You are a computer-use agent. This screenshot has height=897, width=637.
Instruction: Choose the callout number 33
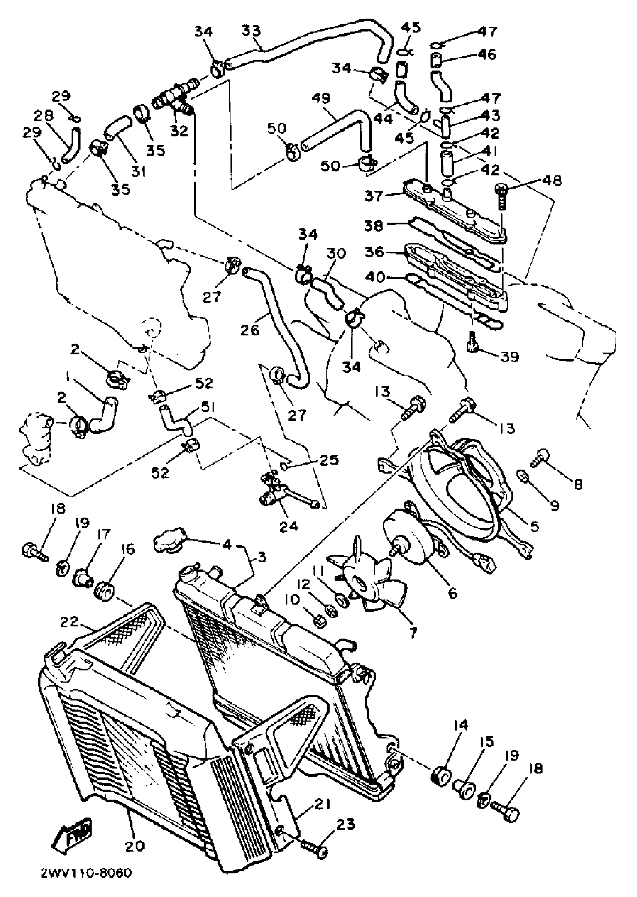pos(251,31)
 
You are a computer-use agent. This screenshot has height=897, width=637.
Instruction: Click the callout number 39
pos(510,357)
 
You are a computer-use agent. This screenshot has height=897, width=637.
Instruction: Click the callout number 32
pos(179,131)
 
